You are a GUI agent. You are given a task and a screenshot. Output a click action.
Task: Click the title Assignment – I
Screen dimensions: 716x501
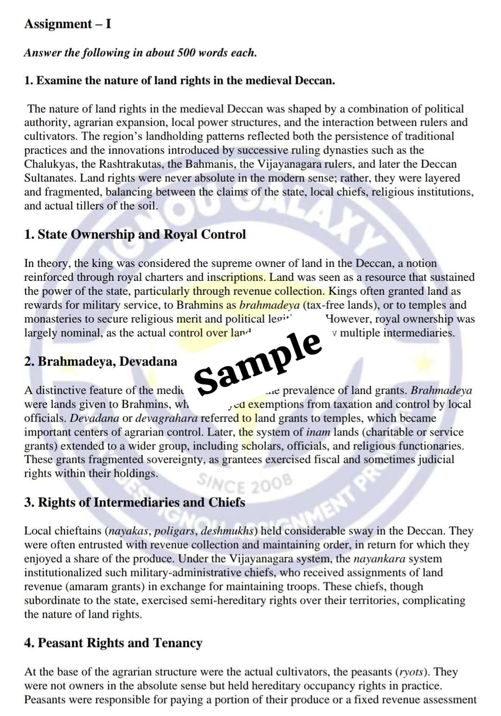68,24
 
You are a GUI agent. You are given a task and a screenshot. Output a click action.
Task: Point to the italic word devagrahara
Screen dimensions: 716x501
166,418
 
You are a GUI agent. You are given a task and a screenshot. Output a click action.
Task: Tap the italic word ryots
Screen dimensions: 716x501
412,672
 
